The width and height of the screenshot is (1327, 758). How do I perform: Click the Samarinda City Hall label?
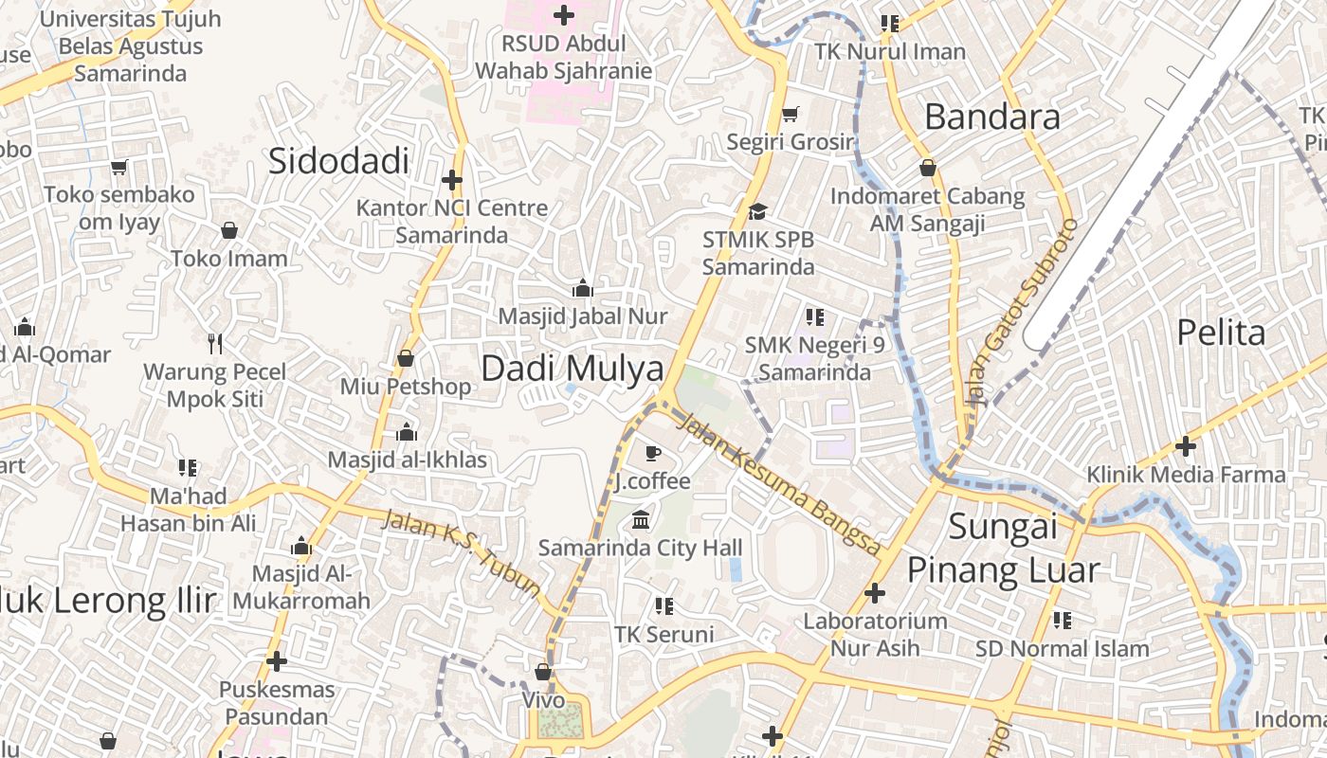641,548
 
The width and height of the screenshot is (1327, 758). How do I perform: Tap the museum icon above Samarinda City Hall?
641,519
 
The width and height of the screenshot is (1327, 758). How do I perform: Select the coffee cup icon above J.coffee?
652,454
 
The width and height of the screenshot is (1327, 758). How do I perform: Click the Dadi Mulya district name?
573,369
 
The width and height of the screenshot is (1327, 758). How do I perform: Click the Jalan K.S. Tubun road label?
461,552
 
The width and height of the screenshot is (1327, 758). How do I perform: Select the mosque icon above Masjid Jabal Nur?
583,288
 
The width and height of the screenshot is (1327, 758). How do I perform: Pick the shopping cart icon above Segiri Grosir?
790,115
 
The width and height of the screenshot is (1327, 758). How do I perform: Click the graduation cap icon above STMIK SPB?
757,210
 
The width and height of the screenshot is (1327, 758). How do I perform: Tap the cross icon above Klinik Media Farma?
1186,445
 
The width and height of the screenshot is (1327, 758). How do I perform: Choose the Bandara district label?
992,117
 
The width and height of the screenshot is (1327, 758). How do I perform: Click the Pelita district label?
1221,333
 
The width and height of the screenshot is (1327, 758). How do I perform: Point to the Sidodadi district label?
338,161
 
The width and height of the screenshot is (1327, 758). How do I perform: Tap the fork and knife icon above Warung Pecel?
215,343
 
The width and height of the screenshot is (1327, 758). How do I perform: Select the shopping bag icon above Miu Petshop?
406,358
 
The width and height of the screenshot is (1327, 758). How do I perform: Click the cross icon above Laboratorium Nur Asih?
875,593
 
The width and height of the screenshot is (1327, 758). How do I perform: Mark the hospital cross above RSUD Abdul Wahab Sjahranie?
564,15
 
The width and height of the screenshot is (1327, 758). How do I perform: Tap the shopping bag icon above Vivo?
543,672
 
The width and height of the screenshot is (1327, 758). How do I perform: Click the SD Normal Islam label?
1062,649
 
